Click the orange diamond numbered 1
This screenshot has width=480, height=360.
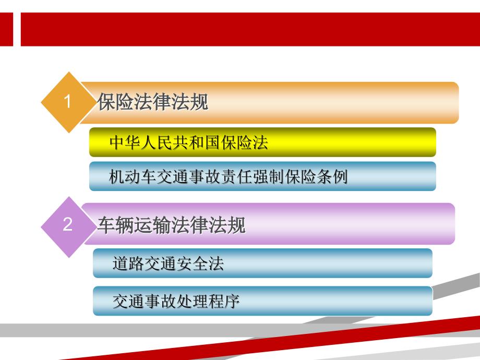[x=67, y=102]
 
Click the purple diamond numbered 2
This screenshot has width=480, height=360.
[x=67, y=225]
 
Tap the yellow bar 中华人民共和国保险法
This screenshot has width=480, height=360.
[x=262, y=142]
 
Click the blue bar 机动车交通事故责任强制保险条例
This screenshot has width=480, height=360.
[x=262, y=176]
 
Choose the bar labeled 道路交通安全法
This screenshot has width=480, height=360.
[x=262, y=263]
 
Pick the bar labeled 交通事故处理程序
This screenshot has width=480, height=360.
[x=262, y=301]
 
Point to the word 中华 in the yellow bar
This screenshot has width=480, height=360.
[x=122, y=143]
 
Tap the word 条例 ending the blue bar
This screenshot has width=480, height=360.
[x=334, y=177]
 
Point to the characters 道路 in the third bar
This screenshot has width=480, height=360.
[x=127, y=263]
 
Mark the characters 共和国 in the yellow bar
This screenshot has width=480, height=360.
[x=197, y=143]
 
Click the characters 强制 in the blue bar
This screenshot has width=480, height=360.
[x=272, y=177]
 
